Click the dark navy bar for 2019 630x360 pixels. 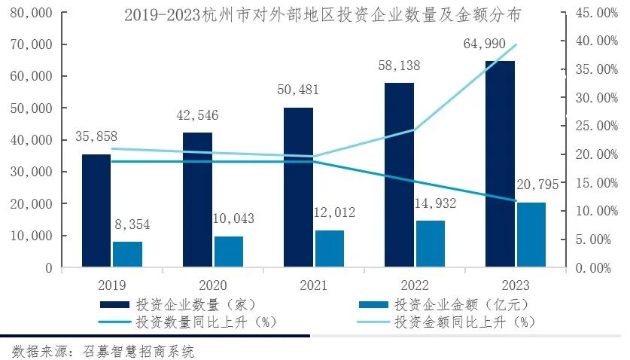point(96,211)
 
